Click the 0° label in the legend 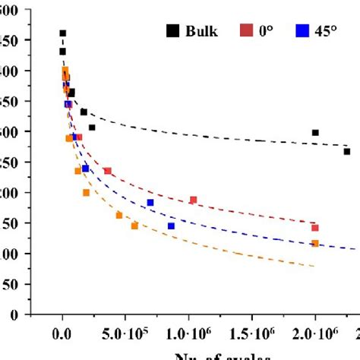point(267,32)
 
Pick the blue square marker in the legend point(302,32)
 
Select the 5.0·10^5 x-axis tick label point(125,332)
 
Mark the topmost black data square point(62,33)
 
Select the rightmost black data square point(346,152)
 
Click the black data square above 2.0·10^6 point(315,133)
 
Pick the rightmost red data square point(315,228)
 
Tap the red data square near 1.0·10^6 point(193,200)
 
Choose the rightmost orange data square point(315,243)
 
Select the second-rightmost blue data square point(150,203)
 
